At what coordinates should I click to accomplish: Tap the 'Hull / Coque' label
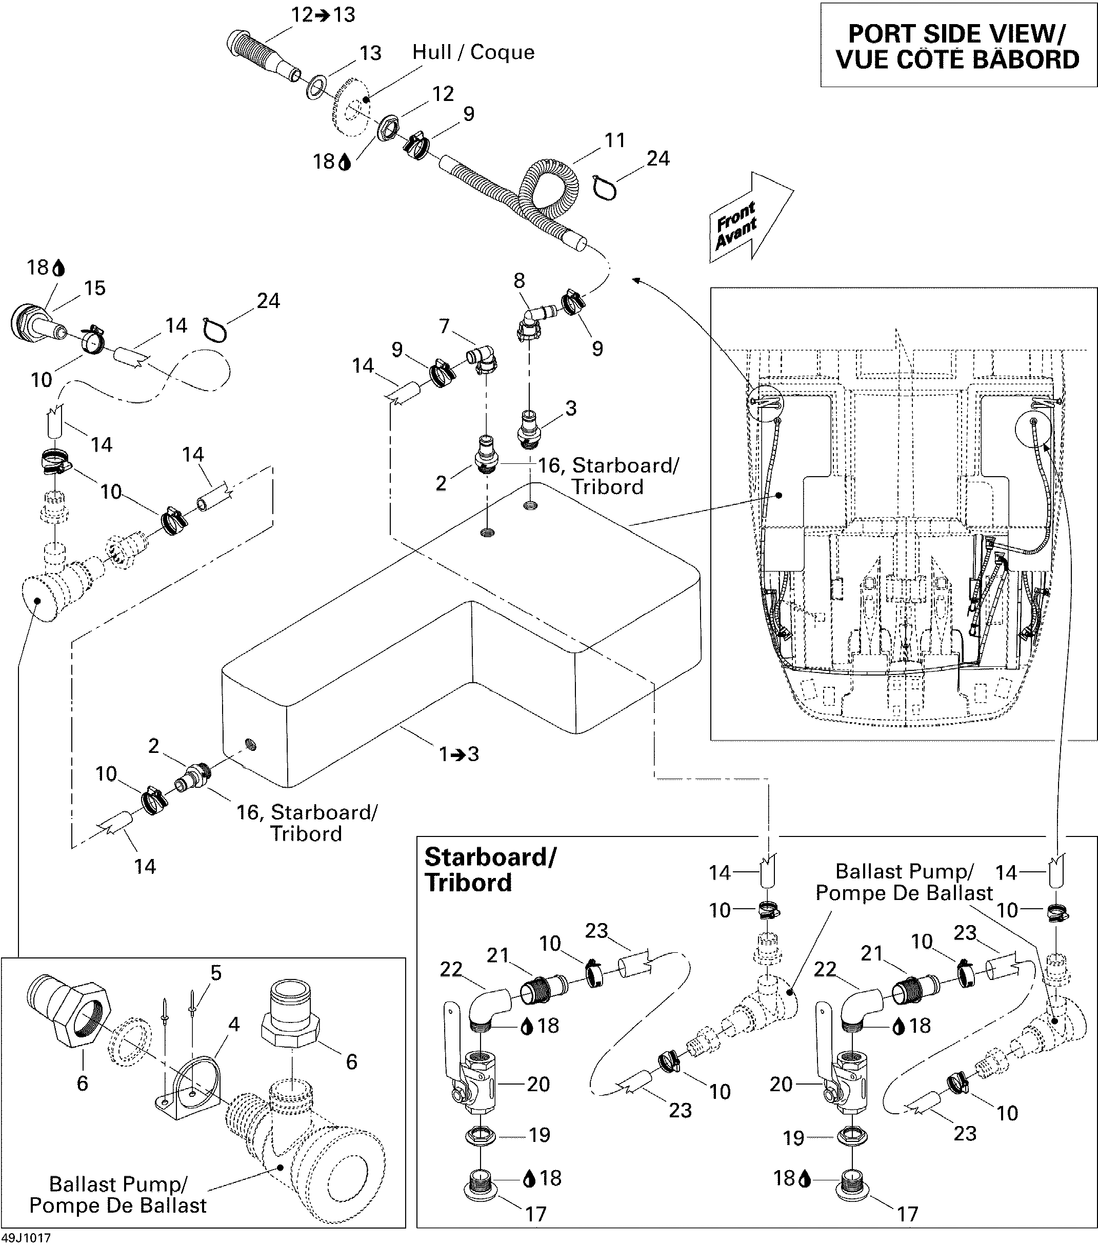tap(473, 52)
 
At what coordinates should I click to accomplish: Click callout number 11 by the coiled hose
tap(614, 140)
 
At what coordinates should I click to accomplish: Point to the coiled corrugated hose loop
tap(543, 189)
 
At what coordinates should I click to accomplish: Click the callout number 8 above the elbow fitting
tap(519, 281)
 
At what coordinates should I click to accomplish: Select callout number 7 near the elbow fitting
tap(444, 326)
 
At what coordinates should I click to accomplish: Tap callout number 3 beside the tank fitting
tap(570, 408)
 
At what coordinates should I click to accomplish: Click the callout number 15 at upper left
tap(94, 288)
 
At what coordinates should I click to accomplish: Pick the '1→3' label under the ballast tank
tap(459, 754)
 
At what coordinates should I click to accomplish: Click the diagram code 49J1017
tap(26, 1238)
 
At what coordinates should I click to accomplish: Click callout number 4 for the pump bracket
tap(233, 1025)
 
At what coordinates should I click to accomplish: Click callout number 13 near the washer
tap(370, 54)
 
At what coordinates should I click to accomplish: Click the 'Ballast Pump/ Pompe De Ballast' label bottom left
tap(117, 1195)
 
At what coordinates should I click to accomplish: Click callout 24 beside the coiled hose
tap(657, 158)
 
